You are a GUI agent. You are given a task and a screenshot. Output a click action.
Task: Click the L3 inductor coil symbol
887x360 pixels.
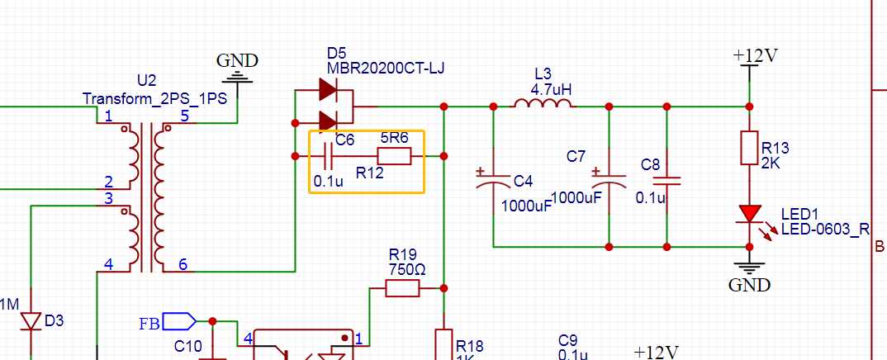543,103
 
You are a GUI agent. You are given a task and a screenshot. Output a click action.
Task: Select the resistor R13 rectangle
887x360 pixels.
749,148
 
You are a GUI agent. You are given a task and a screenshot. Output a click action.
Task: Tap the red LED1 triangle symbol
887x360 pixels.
750,214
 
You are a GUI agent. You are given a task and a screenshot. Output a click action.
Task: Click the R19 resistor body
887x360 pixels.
403,288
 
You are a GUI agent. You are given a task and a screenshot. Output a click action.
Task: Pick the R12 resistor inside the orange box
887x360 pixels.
394,156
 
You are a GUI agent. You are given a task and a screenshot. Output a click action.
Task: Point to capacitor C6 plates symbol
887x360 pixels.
328,155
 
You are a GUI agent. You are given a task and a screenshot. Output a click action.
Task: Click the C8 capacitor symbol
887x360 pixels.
666,181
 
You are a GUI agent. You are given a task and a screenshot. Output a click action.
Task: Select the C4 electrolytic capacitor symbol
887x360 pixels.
493,179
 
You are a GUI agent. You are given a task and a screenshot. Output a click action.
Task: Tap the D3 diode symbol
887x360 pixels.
31,321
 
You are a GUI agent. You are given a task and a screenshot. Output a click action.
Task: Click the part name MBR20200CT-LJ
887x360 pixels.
386,69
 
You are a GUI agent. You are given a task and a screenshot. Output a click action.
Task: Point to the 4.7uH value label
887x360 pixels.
551,89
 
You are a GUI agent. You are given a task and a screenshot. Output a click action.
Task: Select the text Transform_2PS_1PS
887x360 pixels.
155,98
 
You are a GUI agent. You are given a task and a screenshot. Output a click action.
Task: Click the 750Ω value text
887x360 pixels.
406,269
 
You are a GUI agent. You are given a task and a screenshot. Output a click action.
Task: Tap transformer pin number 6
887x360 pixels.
183,264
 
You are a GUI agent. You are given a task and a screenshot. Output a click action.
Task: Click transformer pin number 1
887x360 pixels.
108,116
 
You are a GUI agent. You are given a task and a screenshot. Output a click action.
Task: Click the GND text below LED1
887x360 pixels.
750,285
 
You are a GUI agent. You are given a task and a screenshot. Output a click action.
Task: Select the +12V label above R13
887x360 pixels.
755,55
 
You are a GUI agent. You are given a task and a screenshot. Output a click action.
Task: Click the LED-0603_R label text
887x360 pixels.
825,230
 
